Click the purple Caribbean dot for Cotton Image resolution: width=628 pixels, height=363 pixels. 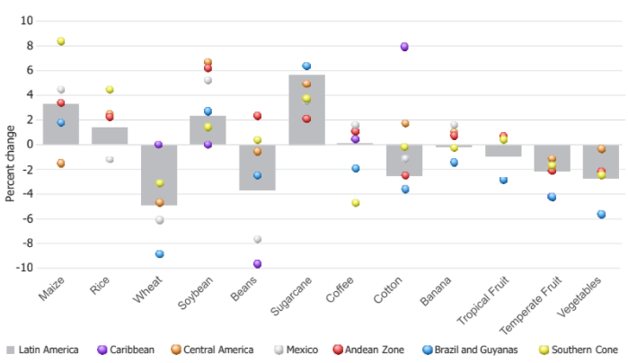click(x=404, y=47)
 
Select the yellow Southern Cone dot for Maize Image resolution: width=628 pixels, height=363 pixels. click(x=61, y=41)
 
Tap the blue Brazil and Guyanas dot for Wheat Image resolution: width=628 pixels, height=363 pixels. click(x=159, y=254)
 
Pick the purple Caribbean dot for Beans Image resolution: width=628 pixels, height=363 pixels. click(x=257, y=264)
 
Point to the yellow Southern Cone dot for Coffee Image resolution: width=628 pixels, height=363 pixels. click(x=356, y=203)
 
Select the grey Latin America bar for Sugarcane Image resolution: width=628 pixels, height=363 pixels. click(x=306, y=110)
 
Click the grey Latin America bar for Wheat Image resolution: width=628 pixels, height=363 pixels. click(x=159, y=174)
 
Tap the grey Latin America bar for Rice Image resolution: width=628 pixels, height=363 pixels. click(x=110, y=136)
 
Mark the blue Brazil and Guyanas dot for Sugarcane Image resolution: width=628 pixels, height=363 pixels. click(x=306, y=66)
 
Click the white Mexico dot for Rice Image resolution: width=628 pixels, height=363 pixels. click(x=110, y=159)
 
